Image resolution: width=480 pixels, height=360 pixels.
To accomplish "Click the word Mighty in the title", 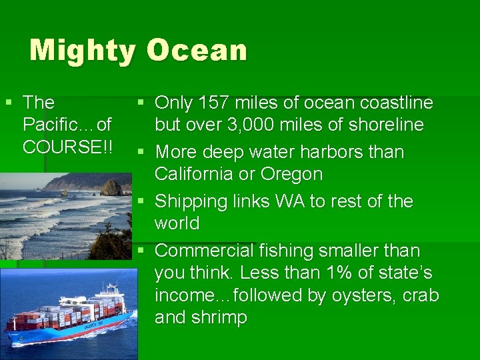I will [82, 51].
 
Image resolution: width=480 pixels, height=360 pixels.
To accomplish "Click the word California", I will [195, 175].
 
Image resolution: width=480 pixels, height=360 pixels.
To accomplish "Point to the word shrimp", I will [221, 317].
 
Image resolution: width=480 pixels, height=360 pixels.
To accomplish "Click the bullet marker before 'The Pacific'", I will [8, 103].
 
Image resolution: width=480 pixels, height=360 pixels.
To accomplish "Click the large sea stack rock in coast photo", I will [111, 187].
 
